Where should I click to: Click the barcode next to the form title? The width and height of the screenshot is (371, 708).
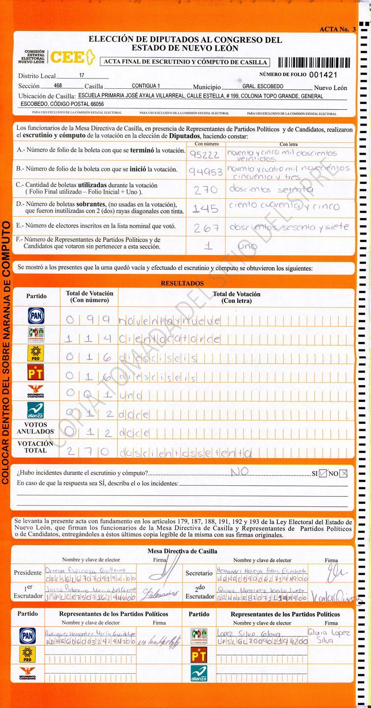click(x=314, y=62)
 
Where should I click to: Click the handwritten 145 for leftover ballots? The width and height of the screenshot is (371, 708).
click(x=205, y=209)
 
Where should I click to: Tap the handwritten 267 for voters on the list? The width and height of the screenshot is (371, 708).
click(x=206, y=227)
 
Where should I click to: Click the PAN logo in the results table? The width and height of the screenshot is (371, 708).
click(x=36, y=315)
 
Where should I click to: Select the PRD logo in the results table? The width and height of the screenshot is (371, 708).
click(x=36, y=353)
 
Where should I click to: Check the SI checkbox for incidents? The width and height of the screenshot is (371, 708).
click(x=322, y=473)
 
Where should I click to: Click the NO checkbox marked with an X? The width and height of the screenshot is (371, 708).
click(x=344, y=473)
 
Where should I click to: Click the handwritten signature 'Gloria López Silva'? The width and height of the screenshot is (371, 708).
click(x=329, y=636)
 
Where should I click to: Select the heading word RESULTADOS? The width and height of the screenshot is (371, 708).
click(x=182, y=283)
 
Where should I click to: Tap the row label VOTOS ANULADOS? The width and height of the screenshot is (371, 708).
click(x=35, y=428)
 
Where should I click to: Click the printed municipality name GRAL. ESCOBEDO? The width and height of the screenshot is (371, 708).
click(x=263, y=86)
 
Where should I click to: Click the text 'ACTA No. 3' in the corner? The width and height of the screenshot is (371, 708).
click(x=337, y=29)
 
